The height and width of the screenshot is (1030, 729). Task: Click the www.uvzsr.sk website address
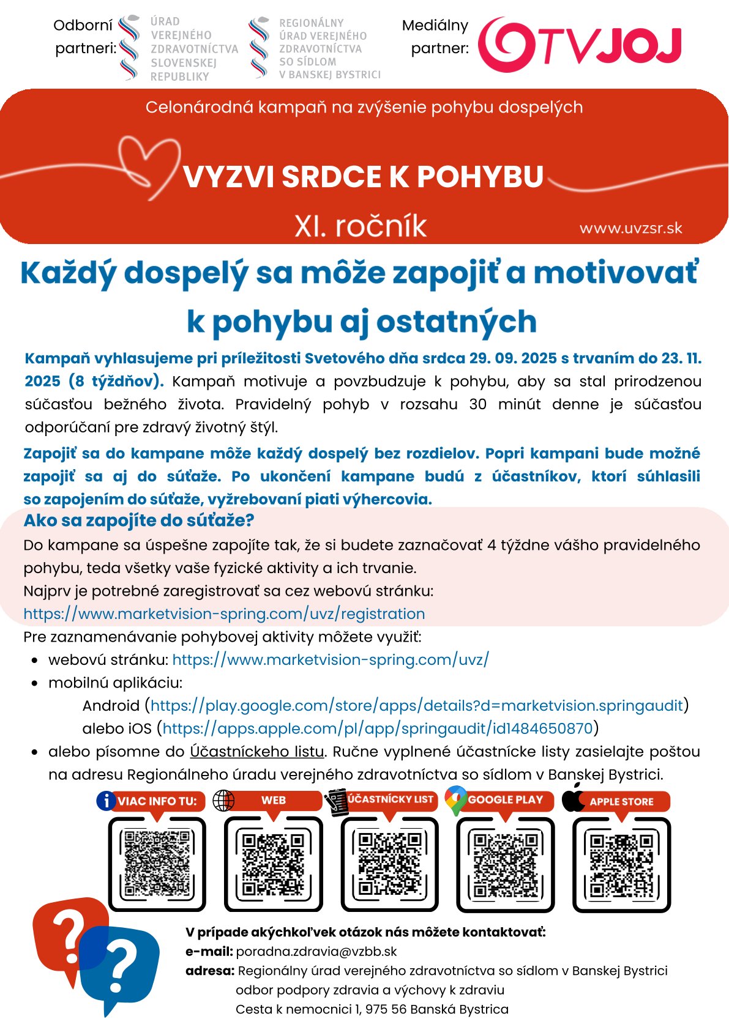(630, 229)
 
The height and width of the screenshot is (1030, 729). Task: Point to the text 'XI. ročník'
(361, 226)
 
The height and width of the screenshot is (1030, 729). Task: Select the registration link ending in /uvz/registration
(224, 613)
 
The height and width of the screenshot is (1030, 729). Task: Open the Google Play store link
(416, 705)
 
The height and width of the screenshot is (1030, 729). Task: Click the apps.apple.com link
(377, 728)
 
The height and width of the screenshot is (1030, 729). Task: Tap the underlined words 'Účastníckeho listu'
(256, 751)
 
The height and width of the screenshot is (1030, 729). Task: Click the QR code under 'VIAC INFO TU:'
(157, 863)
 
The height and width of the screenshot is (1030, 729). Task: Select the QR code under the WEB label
(273, 863)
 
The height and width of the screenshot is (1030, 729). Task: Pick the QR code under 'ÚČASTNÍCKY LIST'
(389, 863)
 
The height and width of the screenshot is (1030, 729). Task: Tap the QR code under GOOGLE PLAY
(506, 863)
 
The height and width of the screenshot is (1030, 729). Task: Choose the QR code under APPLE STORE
(621, 863)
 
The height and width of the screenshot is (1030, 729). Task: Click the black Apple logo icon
(574, 799)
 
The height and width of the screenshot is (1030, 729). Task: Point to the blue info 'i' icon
(106, 800)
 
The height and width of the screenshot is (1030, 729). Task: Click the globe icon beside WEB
(223, 800)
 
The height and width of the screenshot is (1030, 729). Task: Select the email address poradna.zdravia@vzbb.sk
(316, 952)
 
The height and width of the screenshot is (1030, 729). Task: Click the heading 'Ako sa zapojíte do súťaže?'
(139, 521)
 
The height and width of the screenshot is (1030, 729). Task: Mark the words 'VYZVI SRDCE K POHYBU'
(363, 177)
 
